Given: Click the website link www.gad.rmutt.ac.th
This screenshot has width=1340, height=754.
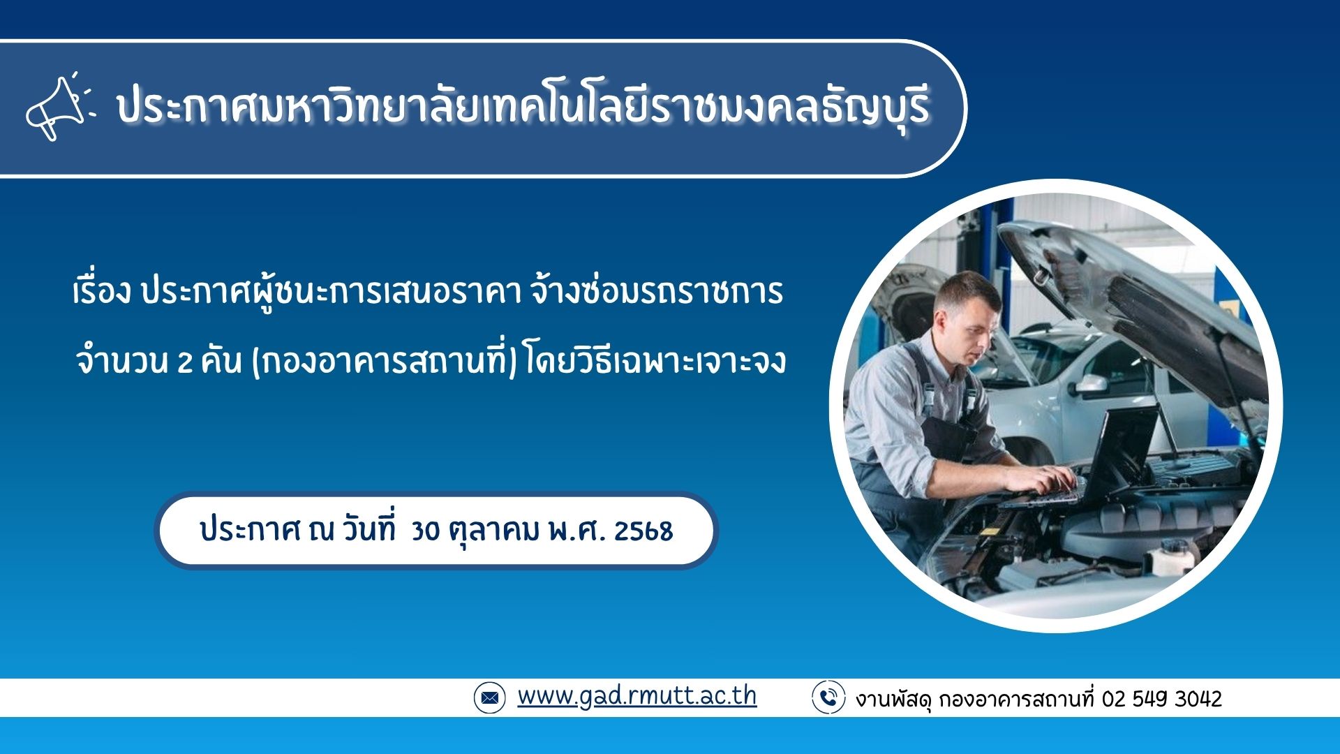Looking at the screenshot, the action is (x=636, y=696).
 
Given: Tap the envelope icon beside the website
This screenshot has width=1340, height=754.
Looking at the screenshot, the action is (x=489, y=697).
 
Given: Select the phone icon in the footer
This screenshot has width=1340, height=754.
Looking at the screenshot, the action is (x=828, y=697).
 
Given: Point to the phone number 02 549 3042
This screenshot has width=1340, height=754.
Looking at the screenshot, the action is (x=1161, y=699).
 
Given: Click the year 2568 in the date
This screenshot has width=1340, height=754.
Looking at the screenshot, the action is (x=643, y=531).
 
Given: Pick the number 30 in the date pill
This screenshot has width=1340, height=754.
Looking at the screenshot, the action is (x=425, y=531).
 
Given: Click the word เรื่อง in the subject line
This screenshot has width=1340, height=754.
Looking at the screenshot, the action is (x=102, y=291).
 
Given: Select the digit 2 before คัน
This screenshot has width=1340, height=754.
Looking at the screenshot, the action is (x=184, y=362).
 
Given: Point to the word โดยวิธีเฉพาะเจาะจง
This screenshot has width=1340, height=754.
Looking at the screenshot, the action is (x=656, y=361).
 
